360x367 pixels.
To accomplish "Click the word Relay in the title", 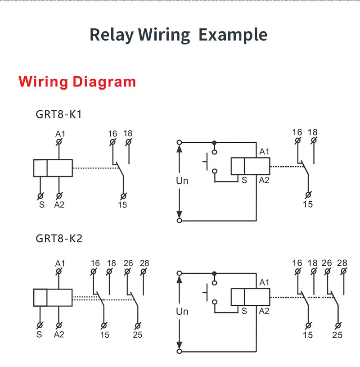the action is (112, 35).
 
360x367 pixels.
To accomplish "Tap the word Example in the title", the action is (233, 35).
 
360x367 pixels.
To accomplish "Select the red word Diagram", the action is (104, 82).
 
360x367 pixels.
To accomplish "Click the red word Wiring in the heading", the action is (43, 82).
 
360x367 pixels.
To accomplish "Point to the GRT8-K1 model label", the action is (58, 114).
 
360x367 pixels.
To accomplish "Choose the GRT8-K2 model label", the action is (59, 239).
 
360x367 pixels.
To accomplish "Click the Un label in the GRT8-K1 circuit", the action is (182, 181).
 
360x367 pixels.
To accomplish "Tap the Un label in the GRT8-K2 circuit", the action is (182, 312).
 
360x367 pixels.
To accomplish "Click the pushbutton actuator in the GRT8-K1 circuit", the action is (205, 162).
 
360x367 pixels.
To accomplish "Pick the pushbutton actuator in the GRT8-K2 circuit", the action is (205, 292).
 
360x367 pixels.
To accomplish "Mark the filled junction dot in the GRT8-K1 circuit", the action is (214, 142).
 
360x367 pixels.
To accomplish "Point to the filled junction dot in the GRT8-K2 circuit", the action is (214, 273).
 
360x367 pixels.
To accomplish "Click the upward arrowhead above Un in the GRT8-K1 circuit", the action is (180, 149).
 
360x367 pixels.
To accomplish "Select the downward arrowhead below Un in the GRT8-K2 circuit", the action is (180, 345).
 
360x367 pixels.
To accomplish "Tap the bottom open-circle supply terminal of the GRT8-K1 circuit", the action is (180, 221).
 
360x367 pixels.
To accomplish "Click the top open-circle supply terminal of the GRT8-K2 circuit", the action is (180, 273).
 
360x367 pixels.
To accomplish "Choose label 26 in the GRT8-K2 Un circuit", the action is (327, 263).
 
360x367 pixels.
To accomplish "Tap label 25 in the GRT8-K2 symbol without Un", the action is (138, 335).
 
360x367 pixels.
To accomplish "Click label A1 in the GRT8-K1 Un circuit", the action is (264, 152).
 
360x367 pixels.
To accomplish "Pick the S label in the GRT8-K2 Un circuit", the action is (244, 311).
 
